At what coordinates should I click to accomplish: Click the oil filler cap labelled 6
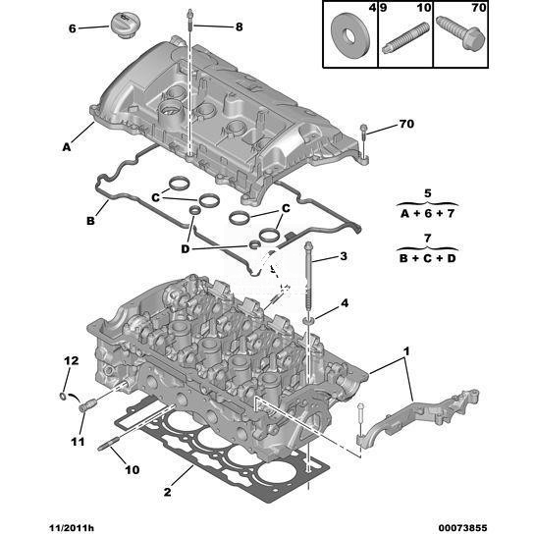tap(123, 25)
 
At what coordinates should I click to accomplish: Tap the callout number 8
tap(239, 27)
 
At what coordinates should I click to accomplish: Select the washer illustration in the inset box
tap(350, 34)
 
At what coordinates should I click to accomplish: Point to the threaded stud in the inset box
tap(405, 38)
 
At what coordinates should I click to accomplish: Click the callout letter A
tap(67, 147)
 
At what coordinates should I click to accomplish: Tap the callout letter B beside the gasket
tap(90, 221)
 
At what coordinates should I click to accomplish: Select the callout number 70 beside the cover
tap(406, 124)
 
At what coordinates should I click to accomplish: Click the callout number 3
tap(344, 256)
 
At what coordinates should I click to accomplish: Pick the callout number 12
tap(72, 360)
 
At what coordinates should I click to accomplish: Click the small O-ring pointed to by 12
tap(63, 396)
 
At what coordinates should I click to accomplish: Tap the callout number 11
tap(78, 442)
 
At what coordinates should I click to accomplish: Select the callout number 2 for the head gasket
tap(167, 492)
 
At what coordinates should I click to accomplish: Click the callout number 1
tap(406, 350)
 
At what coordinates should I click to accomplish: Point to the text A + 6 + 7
tap(428, 214)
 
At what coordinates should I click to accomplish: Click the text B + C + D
tap(428, 258)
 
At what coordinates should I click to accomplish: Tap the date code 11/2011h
tap(70, 528)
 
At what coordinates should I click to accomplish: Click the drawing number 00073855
tap(463, 528)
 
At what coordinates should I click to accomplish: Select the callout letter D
tap(185, 249)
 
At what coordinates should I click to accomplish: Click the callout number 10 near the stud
tap(133, 470)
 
